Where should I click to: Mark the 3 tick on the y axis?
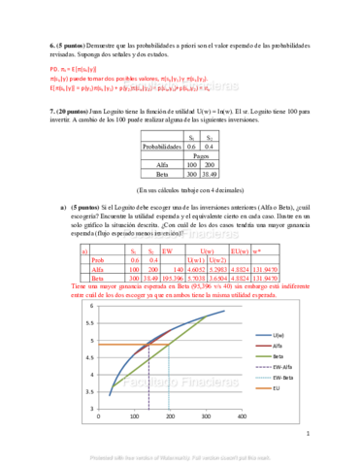92,407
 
